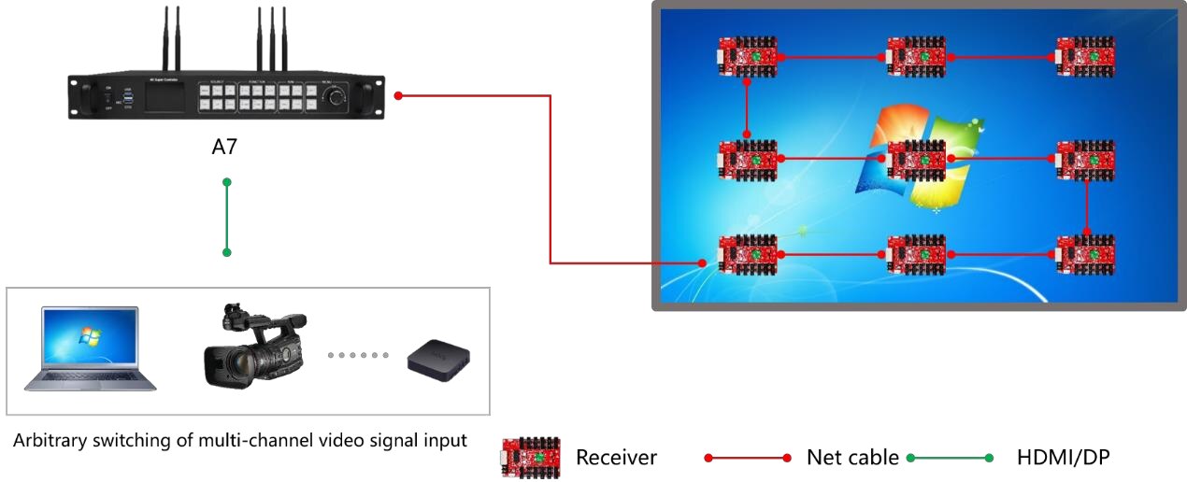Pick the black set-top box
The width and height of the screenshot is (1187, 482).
438,358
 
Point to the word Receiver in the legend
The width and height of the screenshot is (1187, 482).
616,458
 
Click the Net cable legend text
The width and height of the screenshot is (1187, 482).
852,458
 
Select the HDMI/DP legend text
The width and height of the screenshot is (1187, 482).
1063,458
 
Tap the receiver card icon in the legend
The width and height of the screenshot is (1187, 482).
531,458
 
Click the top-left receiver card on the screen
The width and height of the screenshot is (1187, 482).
748,57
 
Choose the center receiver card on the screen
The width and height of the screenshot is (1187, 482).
916,160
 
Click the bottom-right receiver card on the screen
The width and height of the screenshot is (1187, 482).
1086,254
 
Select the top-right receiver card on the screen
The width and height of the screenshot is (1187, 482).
1086,57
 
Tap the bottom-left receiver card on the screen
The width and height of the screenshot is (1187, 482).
747,254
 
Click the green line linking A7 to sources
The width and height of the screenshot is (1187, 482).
226,217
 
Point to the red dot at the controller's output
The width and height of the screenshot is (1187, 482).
398,95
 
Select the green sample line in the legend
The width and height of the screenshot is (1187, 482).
950,458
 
